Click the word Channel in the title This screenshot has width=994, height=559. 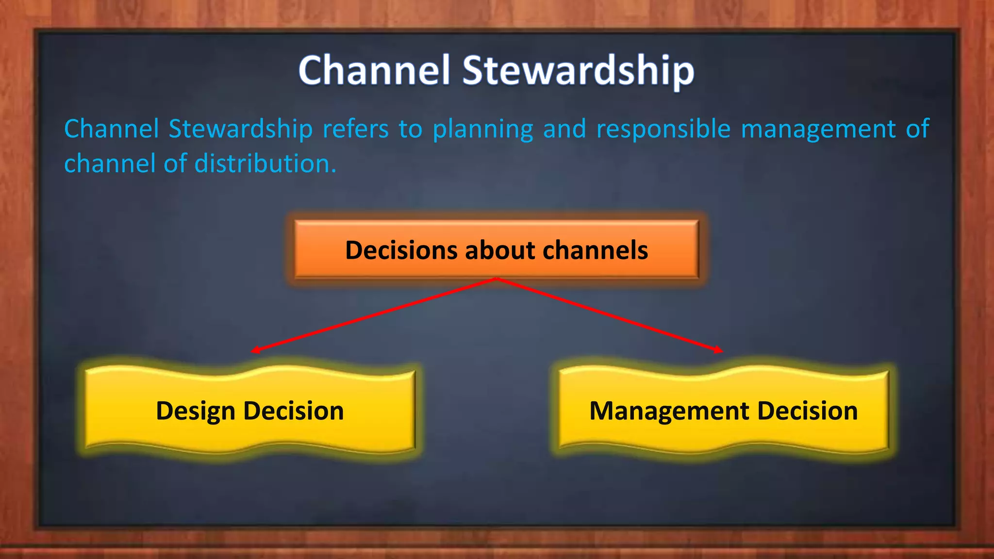374,70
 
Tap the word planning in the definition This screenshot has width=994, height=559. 482,129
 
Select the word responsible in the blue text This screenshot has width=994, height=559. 663,129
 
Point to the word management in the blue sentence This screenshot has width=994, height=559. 818,129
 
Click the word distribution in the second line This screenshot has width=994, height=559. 265,164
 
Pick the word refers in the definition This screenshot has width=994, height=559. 355,129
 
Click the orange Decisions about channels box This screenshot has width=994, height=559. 496,250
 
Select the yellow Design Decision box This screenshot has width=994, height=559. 249,411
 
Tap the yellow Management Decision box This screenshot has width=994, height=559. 723,411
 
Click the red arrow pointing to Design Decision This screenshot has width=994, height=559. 374,315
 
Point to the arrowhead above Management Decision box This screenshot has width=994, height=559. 718,349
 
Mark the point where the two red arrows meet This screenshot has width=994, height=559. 496,279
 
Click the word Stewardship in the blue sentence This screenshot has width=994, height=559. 240,129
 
